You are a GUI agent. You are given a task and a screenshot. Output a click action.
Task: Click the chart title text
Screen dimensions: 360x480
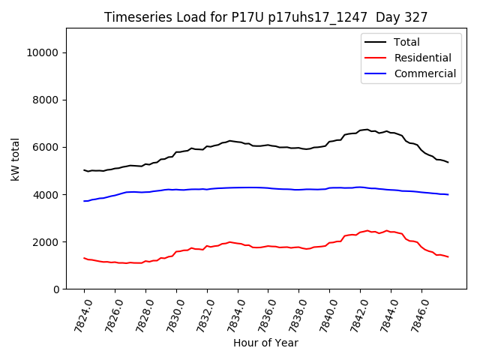[265, 17]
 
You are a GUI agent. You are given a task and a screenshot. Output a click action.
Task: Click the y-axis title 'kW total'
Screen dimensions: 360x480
[15, 159]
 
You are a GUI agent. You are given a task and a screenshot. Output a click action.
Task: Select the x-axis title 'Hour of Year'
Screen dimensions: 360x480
[265, 343]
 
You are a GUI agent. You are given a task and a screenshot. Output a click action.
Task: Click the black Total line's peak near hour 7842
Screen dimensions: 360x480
[366, 130]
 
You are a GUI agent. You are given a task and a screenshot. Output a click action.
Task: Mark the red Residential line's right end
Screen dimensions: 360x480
[448, 257]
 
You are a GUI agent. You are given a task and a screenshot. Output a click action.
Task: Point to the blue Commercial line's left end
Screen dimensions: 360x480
[84, 201]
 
